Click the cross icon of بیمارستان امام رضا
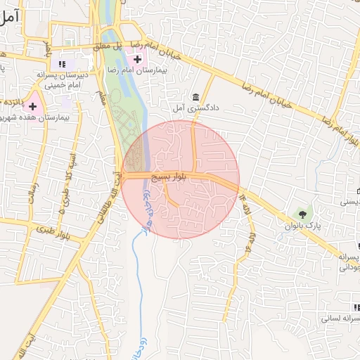coord(137,58)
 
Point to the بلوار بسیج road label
coord(172,178)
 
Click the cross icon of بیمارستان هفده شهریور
coord(32,105)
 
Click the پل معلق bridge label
coord(110,46)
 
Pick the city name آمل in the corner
coord(9,18)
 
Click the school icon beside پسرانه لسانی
coord(356,307)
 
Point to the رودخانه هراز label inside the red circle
coord(144,211)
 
